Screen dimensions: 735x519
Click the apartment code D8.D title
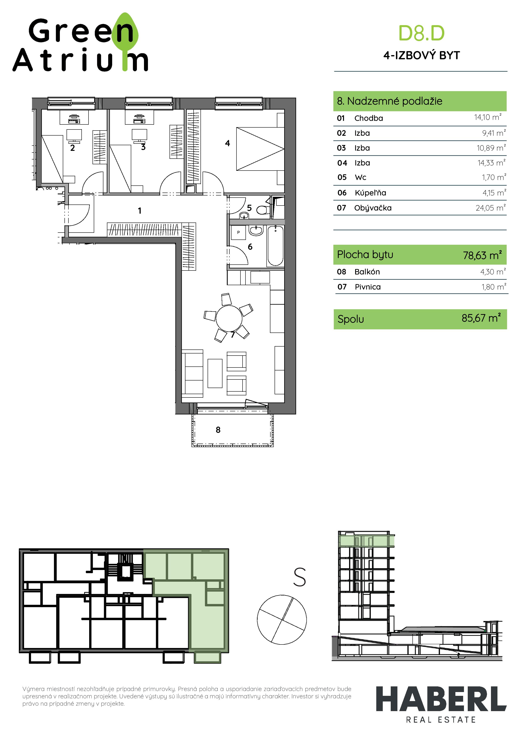[x=421, y=33]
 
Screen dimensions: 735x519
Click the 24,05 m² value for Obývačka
[x=490, y=208]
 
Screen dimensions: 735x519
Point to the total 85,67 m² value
[x=481, y=318]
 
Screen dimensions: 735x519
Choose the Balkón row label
[x=367, y=272]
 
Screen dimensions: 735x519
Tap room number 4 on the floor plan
[x=227, y=143]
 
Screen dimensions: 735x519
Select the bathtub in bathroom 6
[x=275, y=246]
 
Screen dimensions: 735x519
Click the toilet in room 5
[x=263, y=210]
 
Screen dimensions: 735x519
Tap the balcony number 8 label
[x=218, y=430]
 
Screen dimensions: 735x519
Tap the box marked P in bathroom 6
[x=238, y=233]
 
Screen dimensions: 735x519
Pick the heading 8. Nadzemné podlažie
[x=389, y=101]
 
